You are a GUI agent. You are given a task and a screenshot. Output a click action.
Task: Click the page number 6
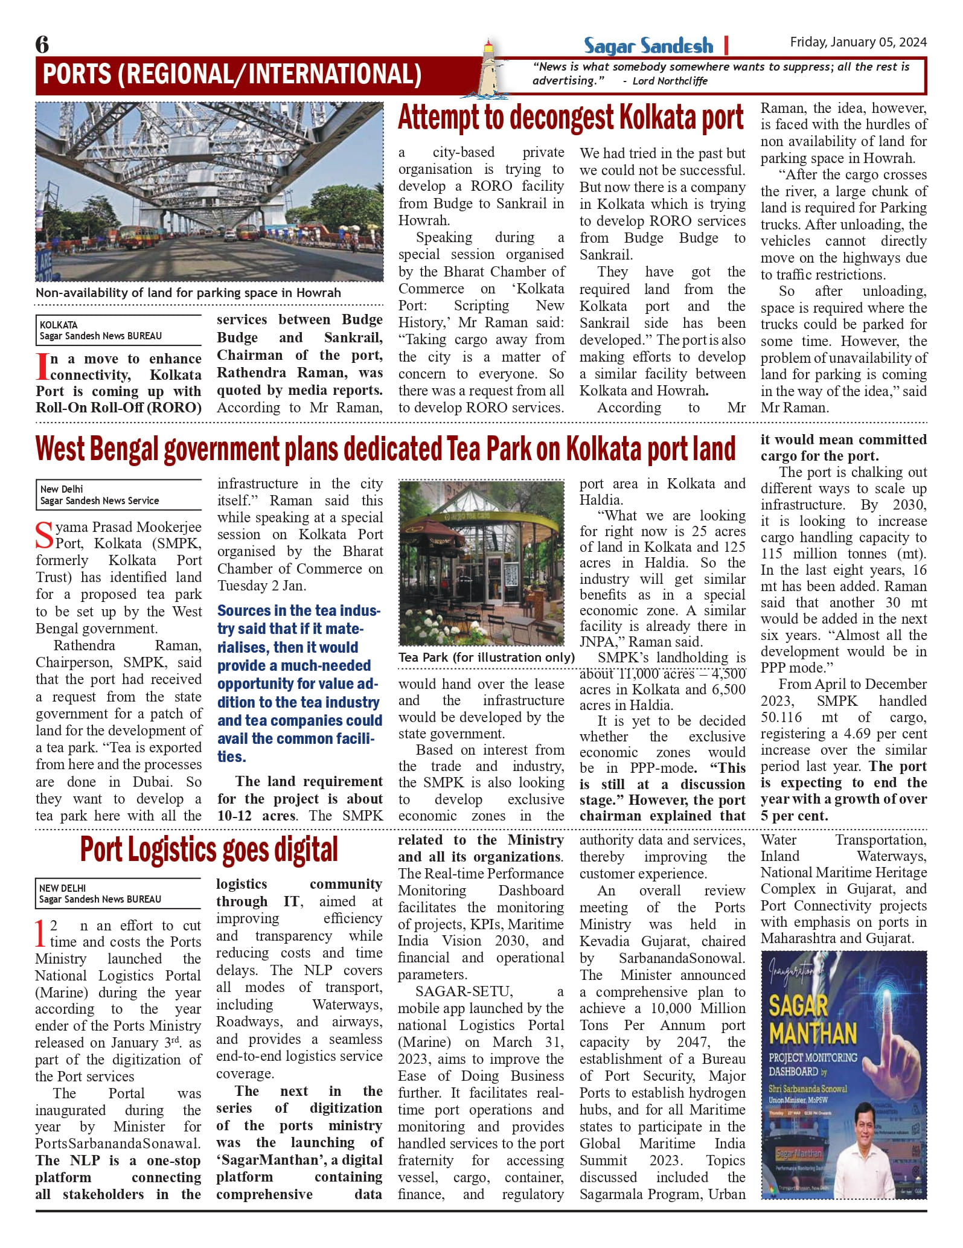pyautogui.click(x=42, y=44)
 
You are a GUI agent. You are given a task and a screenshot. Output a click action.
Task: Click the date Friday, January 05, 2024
pyautogui.click(x=858, y=42)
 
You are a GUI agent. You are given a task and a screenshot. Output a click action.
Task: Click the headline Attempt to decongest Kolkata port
pyautogui.click(x=571, y=118)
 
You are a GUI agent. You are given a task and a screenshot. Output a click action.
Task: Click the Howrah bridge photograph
pyautogui.click(x=210, y=191)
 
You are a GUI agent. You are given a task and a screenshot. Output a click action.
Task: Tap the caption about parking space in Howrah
pyautogui.click(x=188, y=293)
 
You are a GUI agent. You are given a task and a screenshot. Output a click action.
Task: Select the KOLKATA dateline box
pyautogui.click(x=118, y=330)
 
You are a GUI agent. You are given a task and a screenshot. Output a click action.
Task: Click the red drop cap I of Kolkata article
pyautogui.click(x=42, y=367)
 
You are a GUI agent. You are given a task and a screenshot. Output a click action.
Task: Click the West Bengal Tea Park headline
pyautogui.click(x=385, y=449)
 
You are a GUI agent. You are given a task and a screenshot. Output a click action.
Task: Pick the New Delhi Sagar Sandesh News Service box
pyautogui.click(x=118, y=494)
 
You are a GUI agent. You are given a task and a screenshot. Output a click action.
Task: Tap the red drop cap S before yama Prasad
pyautogui.click(x=45, y=535)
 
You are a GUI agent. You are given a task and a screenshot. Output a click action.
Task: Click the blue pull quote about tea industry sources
pyautogui.click(x=299, y=683)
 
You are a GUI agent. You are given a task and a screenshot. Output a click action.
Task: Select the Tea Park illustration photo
pyautogui.click(x=481, y=563)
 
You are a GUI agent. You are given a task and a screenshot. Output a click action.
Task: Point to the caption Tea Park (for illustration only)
pyautogui.click(x=486, y=657)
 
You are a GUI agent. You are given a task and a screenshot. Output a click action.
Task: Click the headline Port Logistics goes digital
pyautogui.click(x=209, y=850)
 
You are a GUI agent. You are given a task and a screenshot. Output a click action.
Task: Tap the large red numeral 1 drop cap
pyautogui.click(x=40, y=933)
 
